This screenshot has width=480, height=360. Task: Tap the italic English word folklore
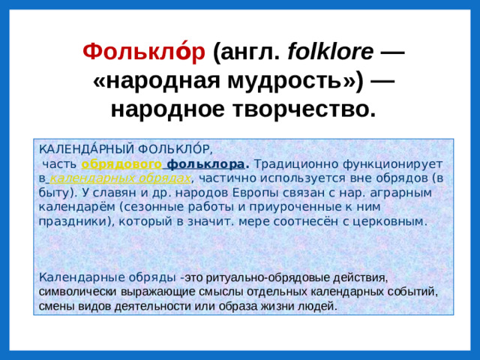(x=330, y=52)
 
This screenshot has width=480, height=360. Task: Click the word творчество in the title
(x=302, y=109)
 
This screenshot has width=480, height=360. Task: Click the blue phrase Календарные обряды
(x=107, y=277)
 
